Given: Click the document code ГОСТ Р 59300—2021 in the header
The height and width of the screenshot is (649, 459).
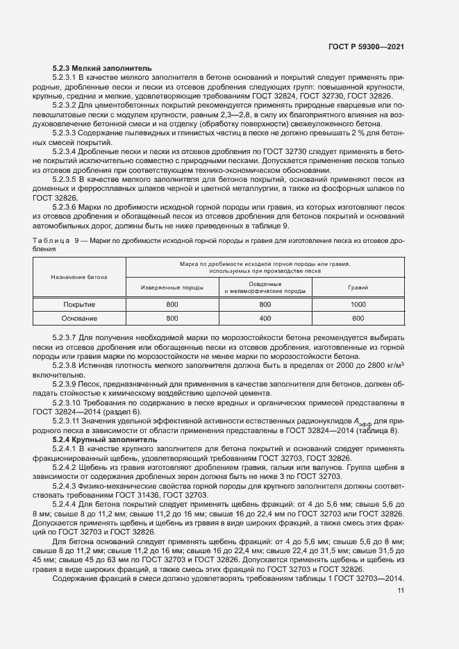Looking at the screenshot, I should (x=366, y=47).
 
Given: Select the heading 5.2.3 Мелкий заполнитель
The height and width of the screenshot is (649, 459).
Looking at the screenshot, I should (x=97, y=69).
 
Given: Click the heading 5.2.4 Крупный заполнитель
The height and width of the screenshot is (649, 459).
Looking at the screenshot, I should (x=97, y=439).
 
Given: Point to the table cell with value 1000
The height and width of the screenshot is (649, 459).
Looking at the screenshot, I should (x=358, y=305).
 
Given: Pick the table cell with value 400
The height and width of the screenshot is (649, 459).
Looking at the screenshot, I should (x=265, y=319).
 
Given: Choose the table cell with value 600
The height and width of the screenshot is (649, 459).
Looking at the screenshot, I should (x=358, y=319).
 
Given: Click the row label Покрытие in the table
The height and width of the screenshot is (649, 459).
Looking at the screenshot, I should (x=79, y=305).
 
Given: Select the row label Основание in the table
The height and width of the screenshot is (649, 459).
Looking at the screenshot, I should (x=79, y=319).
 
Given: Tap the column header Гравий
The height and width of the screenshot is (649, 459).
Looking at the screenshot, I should (x=358, y=287).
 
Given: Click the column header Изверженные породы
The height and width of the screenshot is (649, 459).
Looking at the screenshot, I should (x=172, y=287).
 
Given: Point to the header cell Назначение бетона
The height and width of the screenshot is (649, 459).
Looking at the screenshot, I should (x=79, y=277).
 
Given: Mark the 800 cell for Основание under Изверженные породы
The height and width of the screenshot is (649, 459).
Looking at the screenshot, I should (x=172, y=319).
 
